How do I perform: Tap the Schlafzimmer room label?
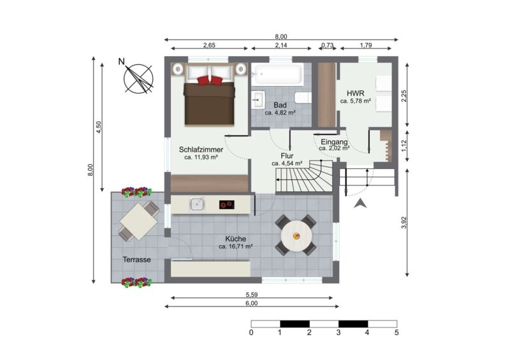pyautogui.click(x=201, y=150)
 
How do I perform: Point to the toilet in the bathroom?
pyautogui.click(x=303, y=97)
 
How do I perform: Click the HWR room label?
pyautogui.click(x=356, y=93)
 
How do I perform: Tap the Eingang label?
pyautogui.click(x=334, y=142)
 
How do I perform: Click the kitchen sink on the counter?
pyautogui.click(x=198, y=204)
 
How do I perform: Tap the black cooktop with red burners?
pyautogui.click(x=227, y=205)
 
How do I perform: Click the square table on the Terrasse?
pyautogui.click(x=139, y=222)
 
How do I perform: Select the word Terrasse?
pyautogui.click(x=136, y=259)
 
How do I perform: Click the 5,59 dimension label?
pyautogui.click(x=251, y=295)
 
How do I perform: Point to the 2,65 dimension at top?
pyautogui.click(x=209, y=45)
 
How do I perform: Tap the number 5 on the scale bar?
pyautogui.click(x=397, y=333)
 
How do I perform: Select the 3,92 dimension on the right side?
pyautogui.click(x=404, y=222)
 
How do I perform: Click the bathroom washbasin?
pyautogui.click(x=259, y=99)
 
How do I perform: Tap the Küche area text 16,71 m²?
pyautogui.click(x=236, y=247)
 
